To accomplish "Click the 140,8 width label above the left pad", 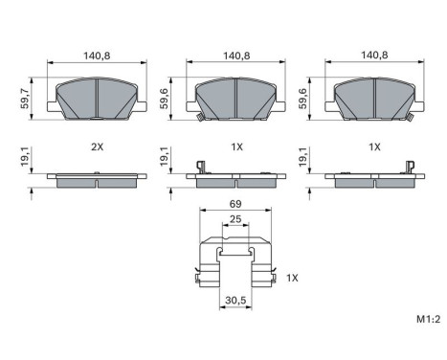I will [x=96, y=56].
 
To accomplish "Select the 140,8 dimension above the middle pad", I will [x=233, y=56].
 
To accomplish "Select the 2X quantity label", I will [x=96, y=147].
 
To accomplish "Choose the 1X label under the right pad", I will [x=375, y=147].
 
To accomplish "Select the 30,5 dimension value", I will [x=232, y=299].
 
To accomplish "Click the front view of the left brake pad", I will [x=96, y=97].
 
